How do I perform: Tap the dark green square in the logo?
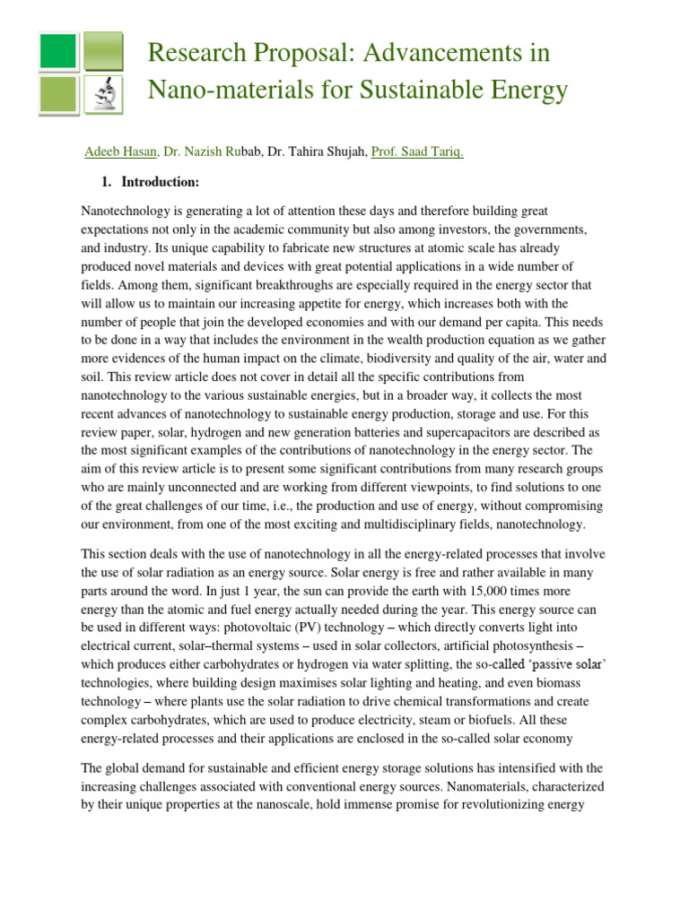click(59, 50)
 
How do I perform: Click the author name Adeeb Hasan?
click(120, 152)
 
